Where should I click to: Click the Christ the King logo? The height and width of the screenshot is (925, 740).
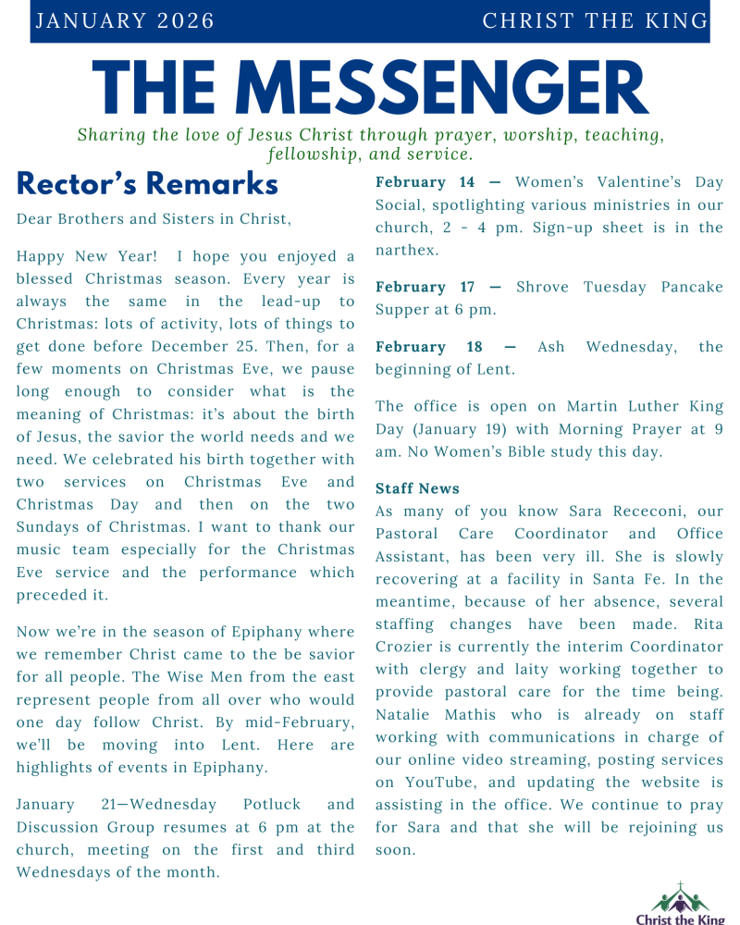point(680,902)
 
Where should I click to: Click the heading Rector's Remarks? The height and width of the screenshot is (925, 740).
point(147,184)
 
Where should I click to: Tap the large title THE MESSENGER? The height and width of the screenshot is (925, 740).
point(370,90)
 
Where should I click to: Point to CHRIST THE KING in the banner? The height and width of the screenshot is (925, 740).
point(595,21)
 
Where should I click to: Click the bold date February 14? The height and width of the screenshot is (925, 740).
point(424,182)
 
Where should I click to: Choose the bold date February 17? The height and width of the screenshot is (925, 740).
point(424,287)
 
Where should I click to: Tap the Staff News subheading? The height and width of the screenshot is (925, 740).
point(417,488)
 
